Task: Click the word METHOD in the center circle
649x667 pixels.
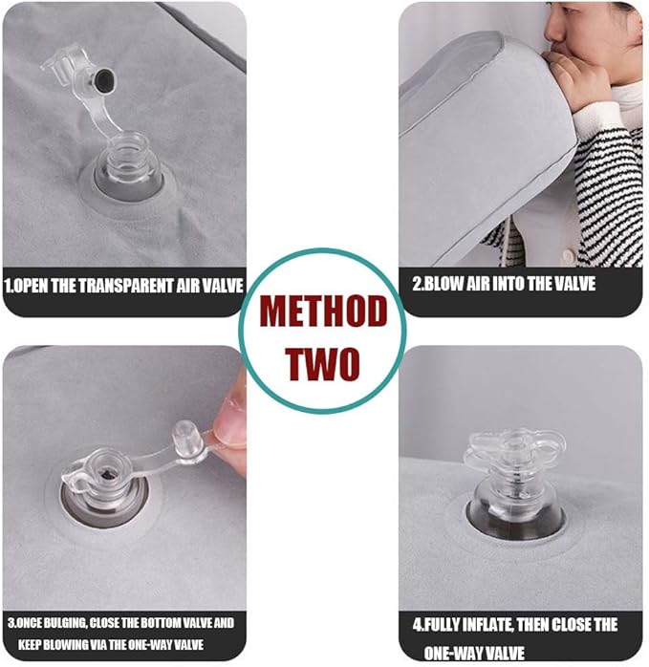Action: pos(323,312)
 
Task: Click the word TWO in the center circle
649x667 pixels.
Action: pos(322,364)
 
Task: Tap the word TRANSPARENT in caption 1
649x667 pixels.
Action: pos(127,286)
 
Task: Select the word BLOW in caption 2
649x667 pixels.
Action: pos(443,284)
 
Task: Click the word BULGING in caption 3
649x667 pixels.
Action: pos(65,623)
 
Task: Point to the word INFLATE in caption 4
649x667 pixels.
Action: pos(488,625)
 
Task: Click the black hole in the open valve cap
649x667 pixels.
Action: pos(103,79)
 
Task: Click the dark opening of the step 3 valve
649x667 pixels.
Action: pos(105,474)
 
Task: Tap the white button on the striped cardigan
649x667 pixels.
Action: pos(568,255)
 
